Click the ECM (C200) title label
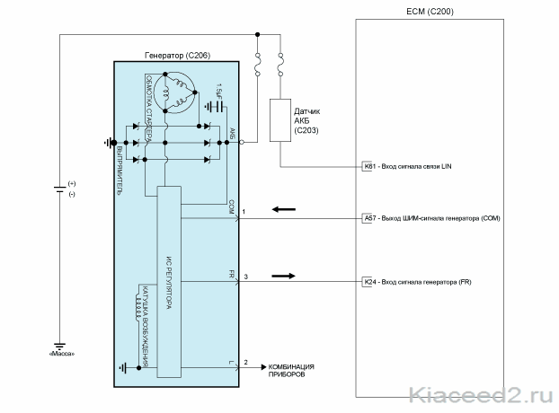[430, 12]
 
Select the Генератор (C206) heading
[177, 55]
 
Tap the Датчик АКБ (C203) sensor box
[280, 120]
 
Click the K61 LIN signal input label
[407, 166]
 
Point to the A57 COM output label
[431, 218]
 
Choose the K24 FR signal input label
[417, 282]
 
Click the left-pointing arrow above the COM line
[284, 209]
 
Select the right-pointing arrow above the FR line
[283, 276]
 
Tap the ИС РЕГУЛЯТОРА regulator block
[169, 282]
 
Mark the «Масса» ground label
[62, 354]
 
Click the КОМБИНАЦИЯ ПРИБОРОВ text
[291, 371]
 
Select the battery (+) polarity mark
[72, 184]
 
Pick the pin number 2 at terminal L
[245, 362]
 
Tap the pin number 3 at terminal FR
[245, 277]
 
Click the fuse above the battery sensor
[280, 65]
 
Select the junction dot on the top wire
[258, 34]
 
